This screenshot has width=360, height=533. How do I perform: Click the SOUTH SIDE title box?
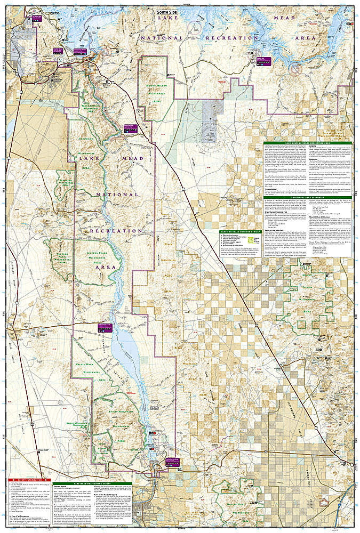pyautogui.click(x=170, y=13)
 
